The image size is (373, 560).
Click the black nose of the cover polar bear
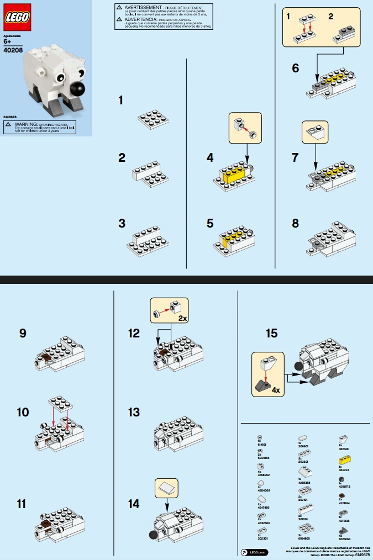[78, 89]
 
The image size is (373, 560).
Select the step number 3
[122, 224]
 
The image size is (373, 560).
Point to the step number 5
[210, 224]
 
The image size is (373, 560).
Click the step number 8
[296, 224]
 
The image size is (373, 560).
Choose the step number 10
[23, 412]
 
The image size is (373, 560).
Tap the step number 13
[133, 412]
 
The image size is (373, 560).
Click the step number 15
[271, 334]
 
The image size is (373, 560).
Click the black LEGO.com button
[255, 552]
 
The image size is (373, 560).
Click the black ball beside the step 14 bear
[152, 534]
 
